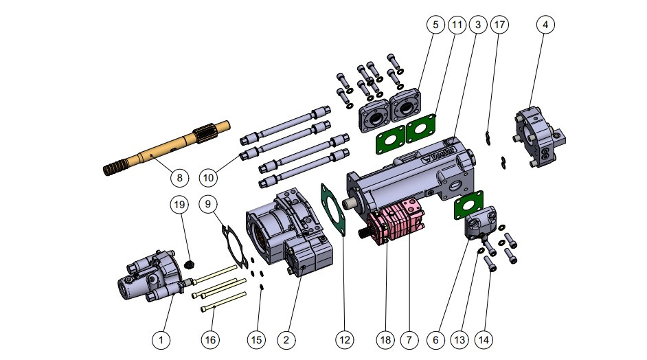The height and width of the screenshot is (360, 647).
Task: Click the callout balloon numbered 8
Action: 179,177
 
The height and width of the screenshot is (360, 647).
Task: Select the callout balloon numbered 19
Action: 179,205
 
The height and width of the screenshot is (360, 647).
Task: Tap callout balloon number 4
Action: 545,25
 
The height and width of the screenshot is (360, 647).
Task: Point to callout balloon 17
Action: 499,25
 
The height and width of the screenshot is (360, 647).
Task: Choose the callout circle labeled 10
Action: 209,177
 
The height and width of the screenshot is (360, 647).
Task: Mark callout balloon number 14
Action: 485,339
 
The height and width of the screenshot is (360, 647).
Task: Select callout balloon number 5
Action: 435,25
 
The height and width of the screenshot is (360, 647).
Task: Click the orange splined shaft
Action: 165,148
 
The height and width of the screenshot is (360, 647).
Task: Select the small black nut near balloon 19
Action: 191,264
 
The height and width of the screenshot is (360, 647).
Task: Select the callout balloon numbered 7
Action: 409,339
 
